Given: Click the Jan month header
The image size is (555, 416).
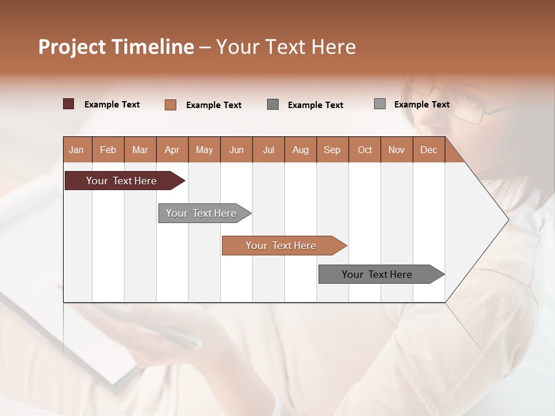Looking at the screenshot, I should tap(76, 150).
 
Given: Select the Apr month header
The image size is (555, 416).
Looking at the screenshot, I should tap(172, 150).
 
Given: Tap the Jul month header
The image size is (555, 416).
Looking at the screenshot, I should tap(268, 150).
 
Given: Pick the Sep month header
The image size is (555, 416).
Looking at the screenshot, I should tap(332, 150).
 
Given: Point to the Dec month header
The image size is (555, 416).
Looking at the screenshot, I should tap(428, 150).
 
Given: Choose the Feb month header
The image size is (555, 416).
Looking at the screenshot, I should tap(108, 150).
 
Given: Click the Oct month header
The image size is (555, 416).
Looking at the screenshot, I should tap(365, 150).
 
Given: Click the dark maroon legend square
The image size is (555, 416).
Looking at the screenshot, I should tap(68, 104).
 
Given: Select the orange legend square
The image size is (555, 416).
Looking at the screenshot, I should tap(171, 105).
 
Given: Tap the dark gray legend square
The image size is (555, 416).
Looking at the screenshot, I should tap(273, 105).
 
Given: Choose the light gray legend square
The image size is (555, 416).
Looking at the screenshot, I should tap(379, 104).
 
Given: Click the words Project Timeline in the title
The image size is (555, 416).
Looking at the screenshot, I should tap(116, 47).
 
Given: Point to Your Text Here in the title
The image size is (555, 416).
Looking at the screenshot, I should tap(286, 47).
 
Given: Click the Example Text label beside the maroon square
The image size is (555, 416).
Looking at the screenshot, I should tap(112, 105).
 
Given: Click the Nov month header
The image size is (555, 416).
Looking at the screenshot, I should tap(397, 150).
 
